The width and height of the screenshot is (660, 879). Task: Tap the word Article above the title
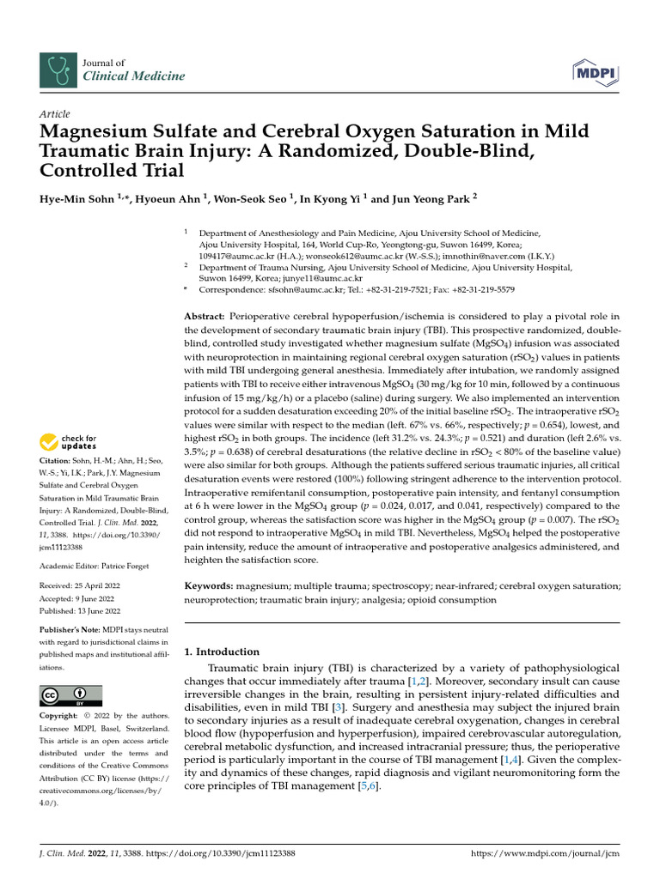tap(55, 114)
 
